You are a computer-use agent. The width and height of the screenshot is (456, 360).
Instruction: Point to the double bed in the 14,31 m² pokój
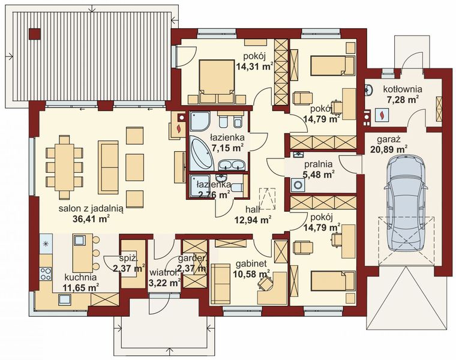pyautogui.click(x=210, y=78)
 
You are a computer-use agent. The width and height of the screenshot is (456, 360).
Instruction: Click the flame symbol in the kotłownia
pyautogui.click(x=380, y=112)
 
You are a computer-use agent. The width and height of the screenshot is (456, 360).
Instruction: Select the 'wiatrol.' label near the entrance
pyautogui.click(x=163, y=271)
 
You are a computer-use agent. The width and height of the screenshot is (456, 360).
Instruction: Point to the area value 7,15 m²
pyautogui.click(x=227, y=147)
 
